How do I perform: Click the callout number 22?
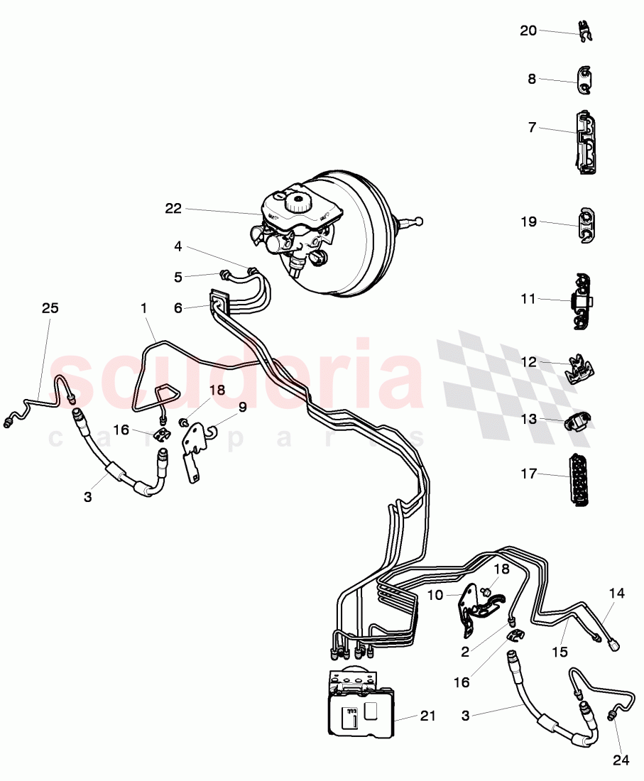173,209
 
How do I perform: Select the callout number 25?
50,308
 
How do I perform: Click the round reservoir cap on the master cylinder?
298,202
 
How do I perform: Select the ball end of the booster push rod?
420,220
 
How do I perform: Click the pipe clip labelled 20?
585,32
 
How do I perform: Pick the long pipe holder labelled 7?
585,142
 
